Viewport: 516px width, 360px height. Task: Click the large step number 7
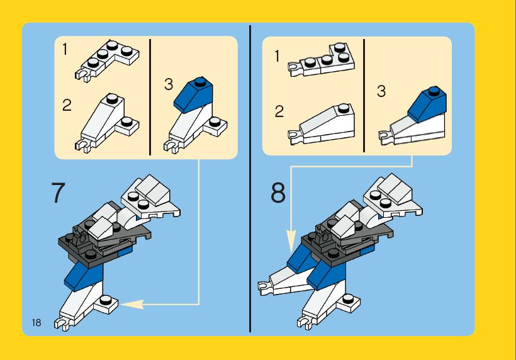(x=59, y=193)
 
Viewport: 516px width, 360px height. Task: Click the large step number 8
(x=278, y=193)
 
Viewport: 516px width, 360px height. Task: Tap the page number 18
(x=36, y=322)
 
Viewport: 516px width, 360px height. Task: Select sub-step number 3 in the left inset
(x=169, y=84)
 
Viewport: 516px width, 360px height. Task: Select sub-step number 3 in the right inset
(x=381, y=91)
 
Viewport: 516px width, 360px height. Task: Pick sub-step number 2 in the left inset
(x=67, y=105)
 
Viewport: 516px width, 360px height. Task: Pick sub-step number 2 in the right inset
(x=279, y=111)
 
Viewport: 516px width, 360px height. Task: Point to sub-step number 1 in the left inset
(x=65, y=49)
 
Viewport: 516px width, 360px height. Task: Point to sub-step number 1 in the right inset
(x=277, y=56)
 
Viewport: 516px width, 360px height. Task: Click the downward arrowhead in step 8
(x=291, y=241)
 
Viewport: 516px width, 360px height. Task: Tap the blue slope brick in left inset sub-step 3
(x=193, y=94)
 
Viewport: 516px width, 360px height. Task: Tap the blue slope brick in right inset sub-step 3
(x=427, y=104)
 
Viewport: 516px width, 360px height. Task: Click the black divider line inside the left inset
(x=150, y=97)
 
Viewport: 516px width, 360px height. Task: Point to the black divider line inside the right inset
(x=364, y=96)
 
